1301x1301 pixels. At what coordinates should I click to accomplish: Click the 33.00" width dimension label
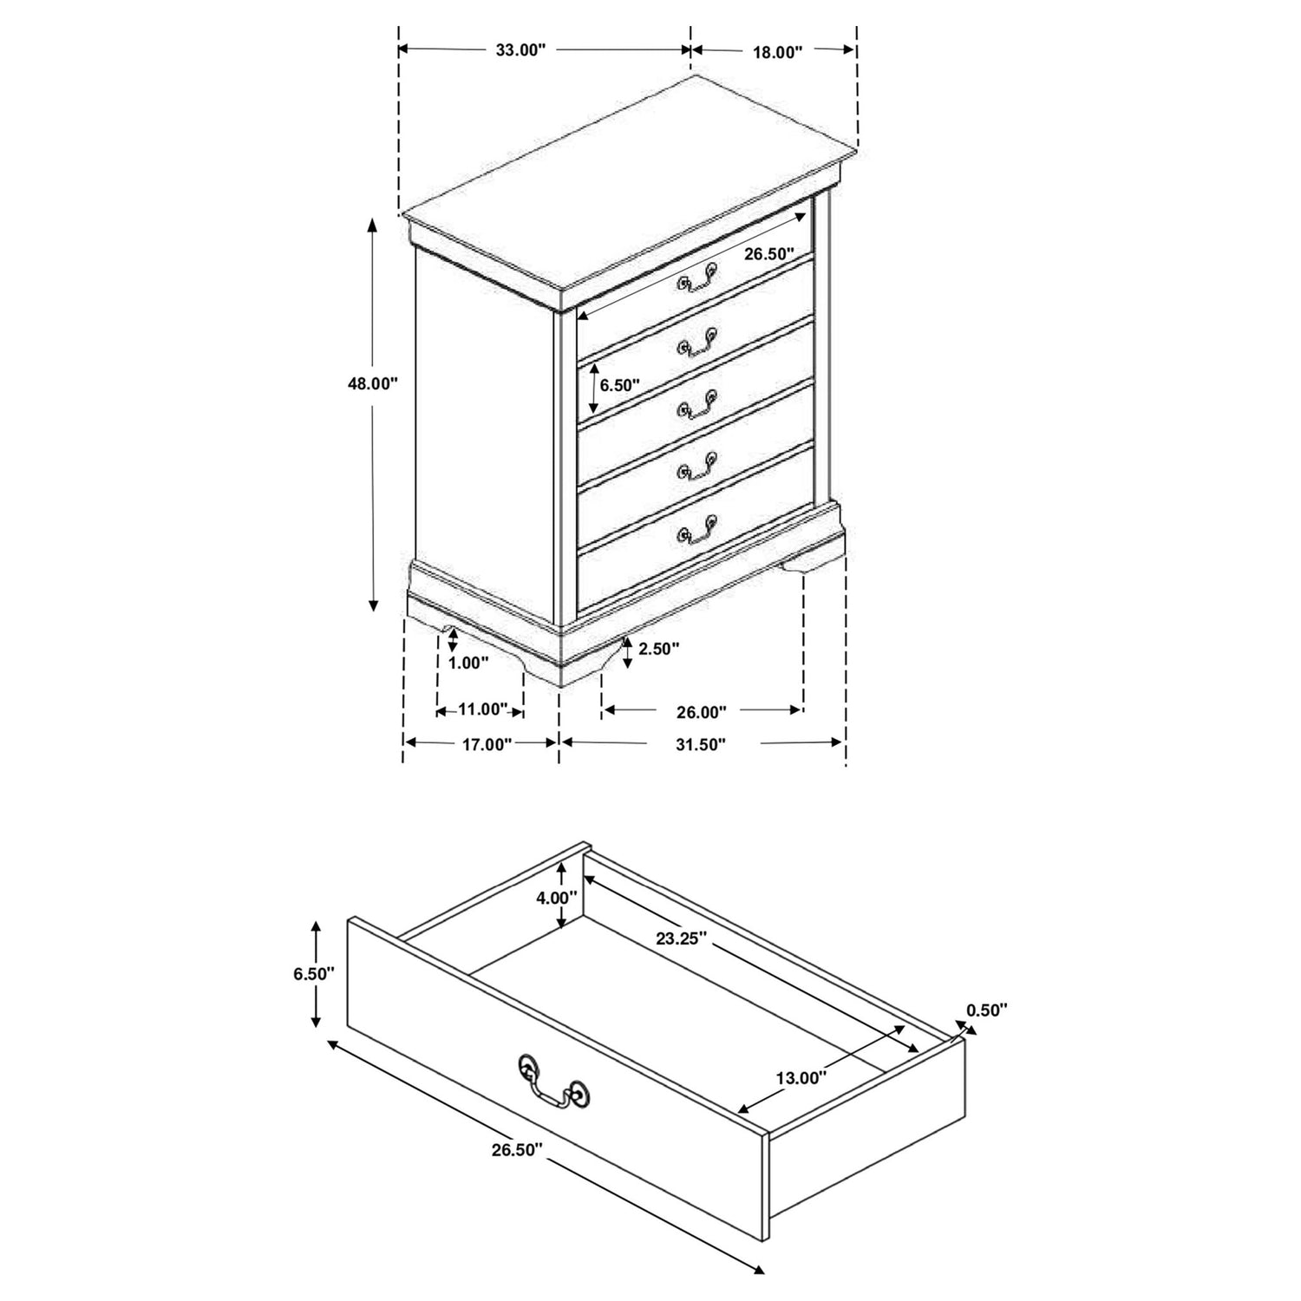point(520,50)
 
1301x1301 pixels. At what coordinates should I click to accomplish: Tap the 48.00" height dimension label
point(372,383)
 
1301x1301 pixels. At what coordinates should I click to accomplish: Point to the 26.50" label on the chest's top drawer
point(768,254)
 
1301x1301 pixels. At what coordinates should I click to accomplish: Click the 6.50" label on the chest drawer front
point(619,385)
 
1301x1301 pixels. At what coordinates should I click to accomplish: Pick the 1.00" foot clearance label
point(469,663)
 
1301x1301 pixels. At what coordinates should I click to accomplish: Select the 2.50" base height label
point(658,648)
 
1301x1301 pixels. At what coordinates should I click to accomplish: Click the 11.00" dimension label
point(481,709)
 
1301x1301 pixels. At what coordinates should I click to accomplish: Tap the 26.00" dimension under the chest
point(702,713)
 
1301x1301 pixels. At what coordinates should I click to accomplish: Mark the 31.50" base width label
point(701,743)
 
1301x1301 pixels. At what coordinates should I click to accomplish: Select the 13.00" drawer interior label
point(801,1078)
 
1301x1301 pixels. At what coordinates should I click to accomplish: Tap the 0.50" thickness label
point(987,1010)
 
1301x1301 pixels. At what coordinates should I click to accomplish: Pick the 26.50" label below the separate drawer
point(517,1149)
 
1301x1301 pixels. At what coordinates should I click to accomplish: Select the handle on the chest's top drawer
point(698,277)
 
